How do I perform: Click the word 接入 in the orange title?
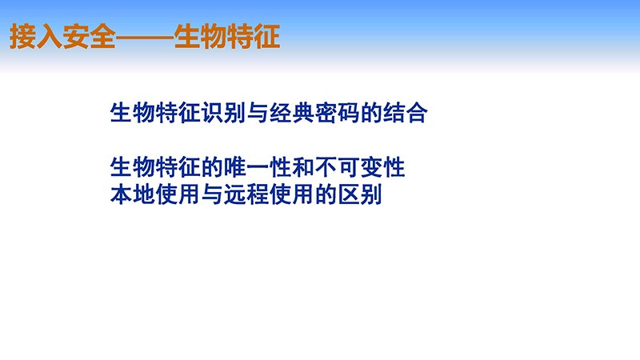click(x=35, y=36)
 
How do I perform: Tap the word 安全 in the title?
click(x=89, y=36)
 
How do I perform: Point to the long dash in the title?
click(x=145, y=38)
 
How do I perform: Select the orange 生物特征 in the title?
click(x=227, y=36)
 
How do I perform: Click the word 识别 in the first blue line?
click(x=224, y=113)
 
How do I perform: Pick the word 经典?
click(x=292, y=113)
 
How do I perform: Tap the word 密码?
click(x=338, y=113)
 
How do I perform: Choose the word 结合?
click(x=406, y=113)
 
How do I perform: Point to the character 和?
click(x=303, y=167)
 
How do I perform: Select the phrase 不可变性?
click(x=360, y=167)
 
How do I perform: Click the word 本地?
click(x=133, y=194)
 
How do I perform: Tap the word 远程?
click(x=246, y=194)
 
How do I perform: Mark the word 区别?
click(x=360, y=194)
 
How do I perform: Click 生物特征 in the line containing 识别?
click(x=155, y=113)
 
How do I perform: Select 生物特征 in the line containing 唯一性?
click(x=155, y=167)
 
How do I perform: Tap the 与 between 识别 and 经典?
click(x=258, y=113)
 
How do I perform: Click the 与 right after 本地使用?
click(x=212, y=194)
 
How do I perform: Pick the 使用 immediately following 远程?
click(x=292, y=194)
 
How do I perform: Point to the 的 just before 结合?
click(x=371, y=113)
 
